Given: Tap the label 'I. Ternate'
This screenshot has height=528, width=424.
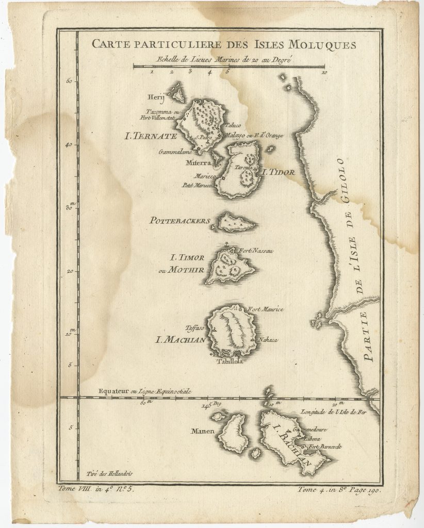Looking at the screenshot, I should click(151, 137).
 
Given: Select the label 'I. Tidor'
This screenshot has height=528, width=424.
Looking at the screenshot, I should click(279, 173).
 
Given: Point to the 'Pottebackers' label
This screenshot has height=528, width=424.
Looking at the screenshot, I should click(180, 221).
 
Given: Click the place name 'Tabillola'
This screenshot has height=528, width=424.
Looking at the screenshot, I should click(229, 361).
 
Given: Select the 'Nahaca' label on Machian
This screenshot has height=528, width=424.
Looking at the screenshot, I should click(262, 340).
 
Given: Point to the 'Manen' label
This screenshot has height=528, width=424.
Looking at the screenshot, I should click(204, 432).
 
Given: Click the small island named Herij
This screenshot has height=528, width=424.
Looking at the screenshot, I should click(179, 94).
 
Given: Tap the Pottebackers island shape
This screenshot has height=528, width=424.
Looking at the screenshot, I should click(236, 223).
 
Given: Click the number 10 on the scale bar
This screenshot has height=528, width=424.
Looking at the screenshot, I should click(323, 73).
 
